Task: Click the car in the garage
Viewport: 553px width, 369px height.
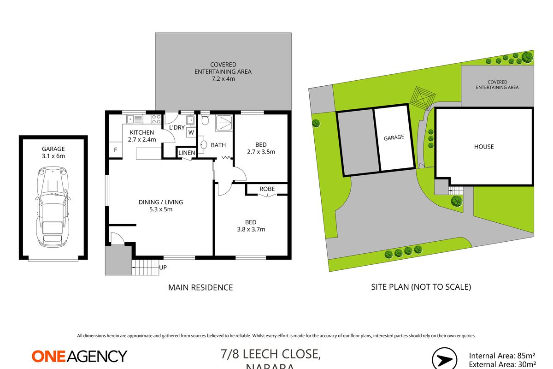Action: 52,207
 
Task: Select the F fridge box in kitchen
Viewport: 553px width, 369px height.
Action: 115,150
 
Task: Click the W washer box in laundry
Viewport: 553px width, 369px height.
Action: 190,132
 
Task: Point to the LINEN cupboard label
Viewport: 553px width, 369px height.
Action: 187,153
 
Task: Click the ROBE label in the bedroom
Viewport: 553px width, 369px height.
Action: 267,189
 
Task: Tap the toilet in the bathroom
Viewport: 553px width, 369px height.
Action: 205,121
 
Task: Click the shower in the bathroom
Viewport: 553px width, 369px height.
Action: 223,121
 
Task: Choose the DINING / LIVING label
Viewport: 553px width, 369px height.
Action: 161,202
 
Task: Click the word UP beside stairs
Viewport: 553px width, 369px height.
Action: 163,267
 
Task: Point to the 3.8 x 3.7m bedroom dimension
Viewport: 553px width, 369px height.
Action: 251,229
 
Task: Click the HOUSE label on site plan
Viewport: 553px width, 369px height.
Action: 484,147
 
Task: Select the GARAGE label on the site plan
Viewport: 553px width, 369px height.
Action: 394,137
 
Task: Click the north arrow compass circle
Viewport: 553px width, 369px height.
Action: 445,359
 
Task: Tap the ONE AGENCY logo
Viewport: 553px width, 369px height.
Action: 79,356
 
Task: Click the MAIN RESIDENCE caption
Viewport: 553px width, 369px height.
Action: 200,287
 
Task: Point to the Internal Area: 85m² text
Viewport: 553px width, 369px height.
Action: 502,356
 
